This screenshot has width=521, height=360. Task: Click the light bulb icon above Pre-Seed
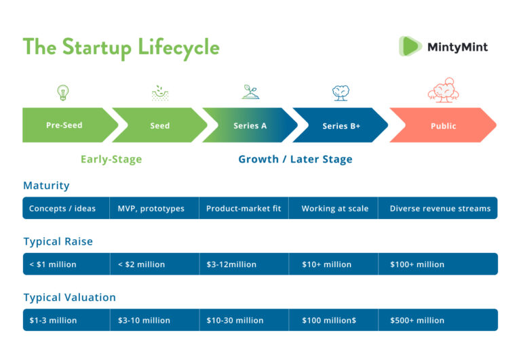tap(63, 92)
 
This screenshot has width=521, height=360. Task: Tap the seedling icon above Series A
tap(250, 92)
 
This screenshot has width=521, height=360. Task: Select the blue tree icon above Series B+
tap(341, 93)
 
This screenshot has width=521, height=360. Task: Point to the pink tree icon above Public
tap(443, 90)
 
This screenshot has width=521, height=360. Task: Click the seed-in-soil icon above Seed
tap(160, 93)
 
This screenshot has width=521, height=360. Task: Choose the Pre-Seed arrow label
tap(64, 125)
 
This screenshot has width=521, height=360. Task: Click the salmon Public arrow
tap(443, 125)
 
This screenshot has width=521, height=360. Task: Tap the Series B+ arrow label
tap(341, 126)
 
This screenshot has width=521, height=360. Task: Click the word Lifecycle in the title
tap(178, 47)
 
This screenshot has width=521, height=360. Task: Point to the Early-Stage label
tap(111, 159)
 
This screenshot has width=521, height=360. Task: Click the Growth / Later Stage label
tap(295, 159)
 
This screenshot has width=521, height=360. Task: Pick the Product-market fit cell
tap(244, 208)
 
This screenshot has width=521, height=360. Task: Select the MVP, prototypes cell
tap(155, 208)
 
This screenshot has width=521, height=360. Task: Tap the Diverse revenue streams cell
tap(438, 208)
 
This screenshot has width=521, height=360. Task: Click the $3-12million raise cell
tap(244, 264)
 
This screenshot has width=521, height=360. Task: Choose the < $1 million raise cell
tap(66, 264)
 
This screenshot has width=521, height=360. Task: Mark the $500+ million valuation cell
tap(438, 320)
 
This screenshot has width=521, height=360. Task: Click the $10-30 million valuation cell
tap(244, 320)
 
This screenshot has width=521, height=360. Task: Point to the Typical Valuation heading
tap(69, 297)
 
